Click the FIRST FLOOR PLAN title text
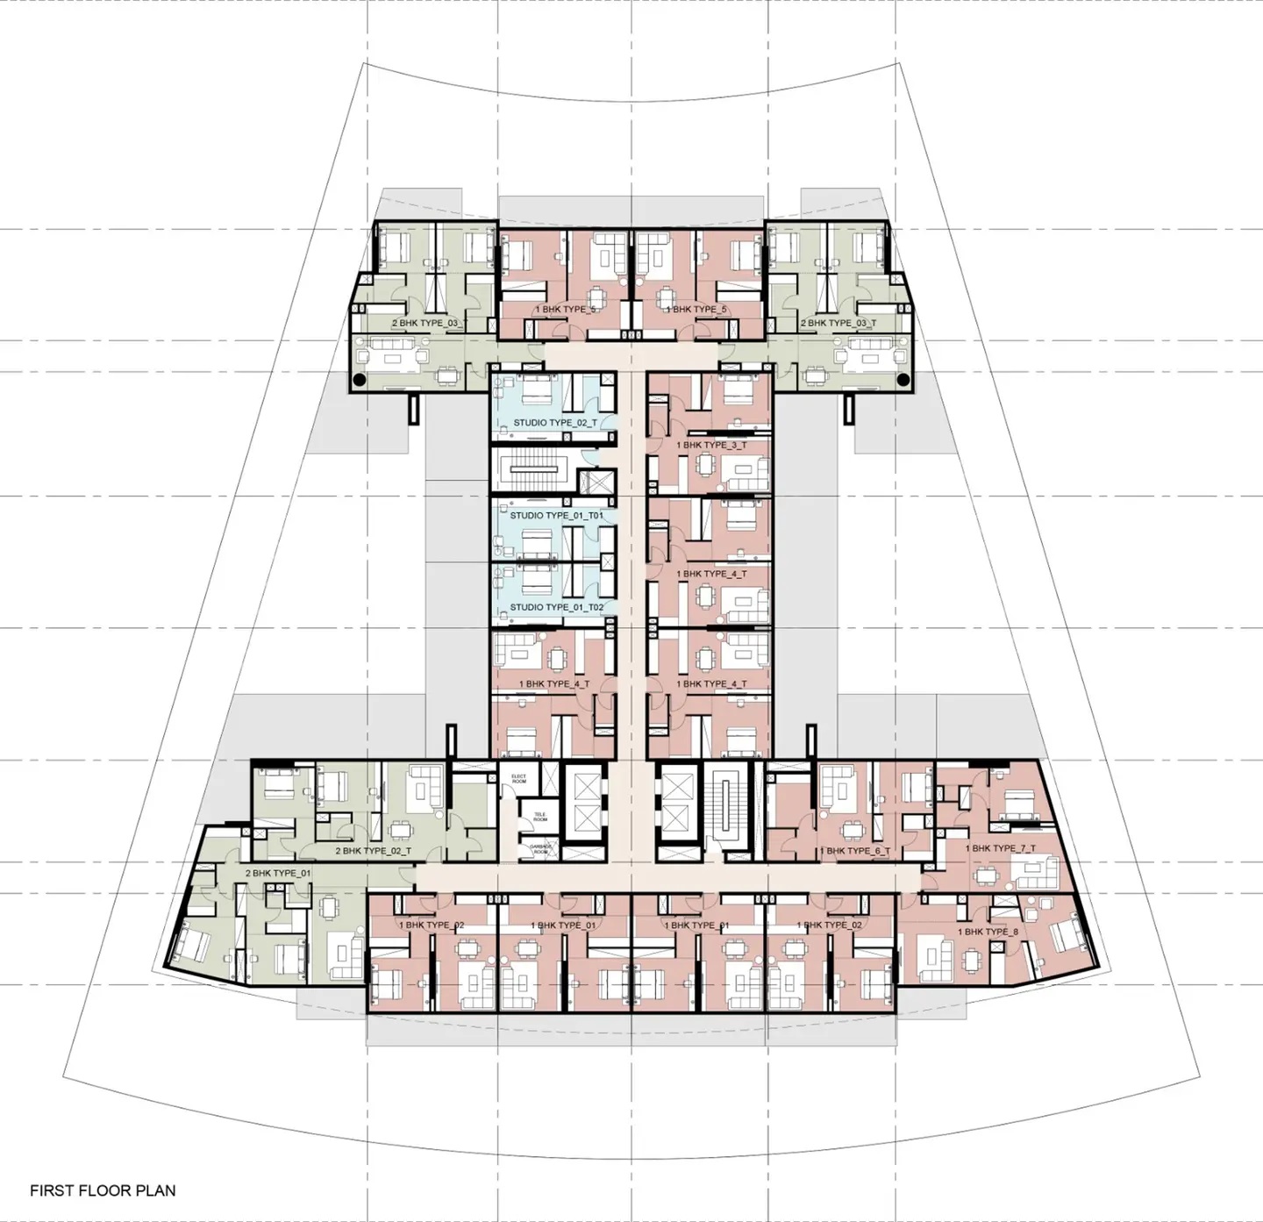pyautogui.click(x=103, y=1190)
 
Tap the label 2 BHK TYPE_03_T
pyautogui.click(x=838, y=323)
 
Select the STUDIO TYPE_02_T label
pyautogui.click(x=554, y=423)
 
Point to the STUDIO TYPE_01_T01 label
pyautogui.click(x=556, y=516)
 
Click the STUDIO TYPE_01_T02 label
pyautogui.click(x=556, y=607)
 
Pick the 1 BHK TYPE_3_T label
pyautogui.click(x=711, y=445)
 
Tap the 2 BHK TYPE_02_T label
pyautogui.click(x=373, y=851)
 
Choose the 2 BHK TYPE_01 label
pyautogui.click(x=277, y=874)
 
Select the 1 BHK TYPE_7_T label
pyautogui.click(x=1000, y=848)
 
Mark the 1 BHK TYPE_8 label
pyautogui.click(x=988, y=932)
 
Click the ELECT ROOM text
pyautogui.click(x=518, y=779)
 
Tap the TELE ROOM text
pyautogui.click(x=539, y=817)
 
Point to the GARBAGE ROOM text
pyautogui.click(x=539, y=848)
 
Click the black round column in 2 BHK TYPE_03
pyautogui.click(x=359, y=380)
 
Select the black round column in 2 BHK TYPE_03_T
pyautogui.click(x=903, y=380)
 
